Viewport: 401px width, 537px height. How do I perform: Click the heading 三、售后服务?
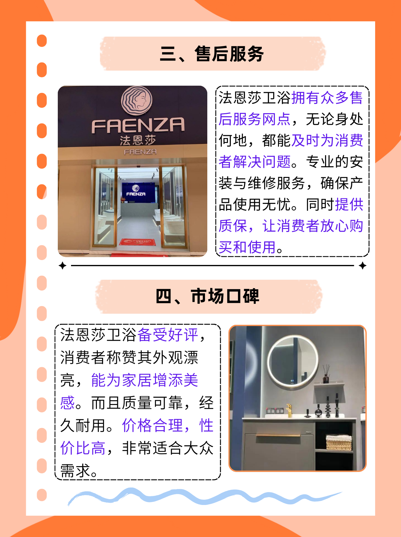pos(212,54)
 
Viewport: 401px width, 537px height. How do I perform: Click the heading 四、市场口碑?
pos(207,296)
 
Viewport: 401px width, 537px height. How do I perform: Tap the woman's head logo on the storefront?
pos(137,101)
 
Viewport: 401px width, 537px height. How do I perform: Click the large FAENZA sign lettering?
pos(138,125)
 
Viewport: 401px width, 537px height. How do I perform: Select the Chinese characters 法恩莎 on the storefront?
pos(138,140)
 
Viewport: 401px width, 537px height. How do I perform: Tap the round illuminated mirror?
pos(293,361)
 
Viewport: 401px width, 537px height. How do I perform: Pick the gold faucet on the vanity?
pos(289,410)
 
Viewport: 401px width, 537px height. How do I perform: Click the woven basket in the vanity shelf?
pos(339,442)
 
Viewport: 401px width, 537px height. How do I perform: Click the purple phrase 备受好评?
pos(168,335)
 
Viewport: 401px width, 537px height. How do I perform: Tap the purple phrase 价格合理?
pos(153,425)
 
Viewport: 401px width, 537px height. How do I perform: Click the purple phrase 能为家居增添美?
pos(144,380)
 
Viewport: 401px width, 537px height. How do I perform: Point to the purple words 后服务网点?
pos(254,119)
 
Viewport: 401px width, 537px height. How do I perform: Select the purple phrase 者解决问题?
pos(254,162)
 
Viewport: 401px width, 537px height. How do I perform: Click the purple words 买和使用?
pos(247,247)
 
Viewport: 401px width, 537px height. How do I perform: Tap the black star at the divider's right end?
pos(363,266)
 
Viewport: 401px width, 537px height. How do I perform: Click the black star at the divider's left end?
pos(63,266)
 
